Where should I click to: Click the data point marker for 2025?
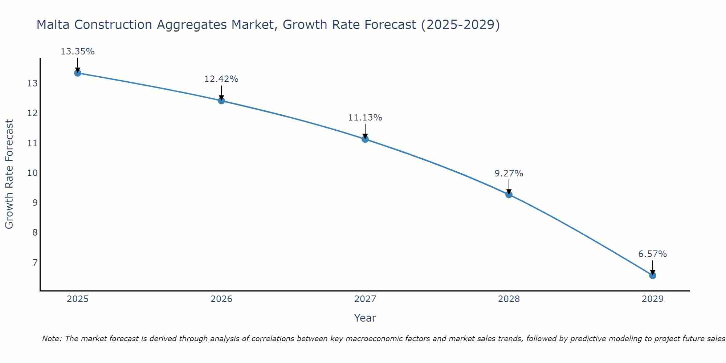(x=77, y=73)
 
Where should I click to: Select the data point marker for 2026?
(x=221, y=101)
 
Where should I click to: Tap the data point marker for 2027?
(x=365, y=139)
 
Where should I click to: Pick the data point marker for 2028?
(x=509, y=195)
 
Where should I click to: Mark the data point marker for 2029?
(x=653, y=276)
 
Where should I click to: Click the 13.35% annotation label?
(x=77, y=52)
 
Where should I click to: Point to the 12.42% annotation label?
(x=221, y=79)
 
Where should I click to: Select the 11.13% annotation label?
(x=365, y=118)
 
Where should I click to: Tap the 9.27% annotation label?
(x=509, y=174)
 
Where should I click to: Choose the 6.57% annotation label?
(x=653, y=254)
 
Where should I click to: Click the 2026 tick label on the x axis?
(x=221, y=299)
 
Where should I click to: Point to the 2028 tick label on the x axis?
(x=509, y=299)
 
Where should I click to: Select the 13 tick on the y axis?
(x=32, y=84)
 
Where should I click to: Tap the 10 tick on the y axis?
(x=32, y=173)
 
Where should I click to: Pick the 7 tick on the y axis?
(x=35, y=262)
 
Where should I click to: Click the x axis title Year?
(x=365, y=318)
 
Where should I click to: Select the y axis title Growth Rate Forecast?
(x=9, y=174)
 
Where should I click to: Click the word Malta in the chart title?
(x=53, y=25)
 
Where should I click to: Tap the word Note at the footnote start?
(x=52, y=339)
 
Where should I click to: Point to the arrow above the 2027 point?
(x=365, y=131)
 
